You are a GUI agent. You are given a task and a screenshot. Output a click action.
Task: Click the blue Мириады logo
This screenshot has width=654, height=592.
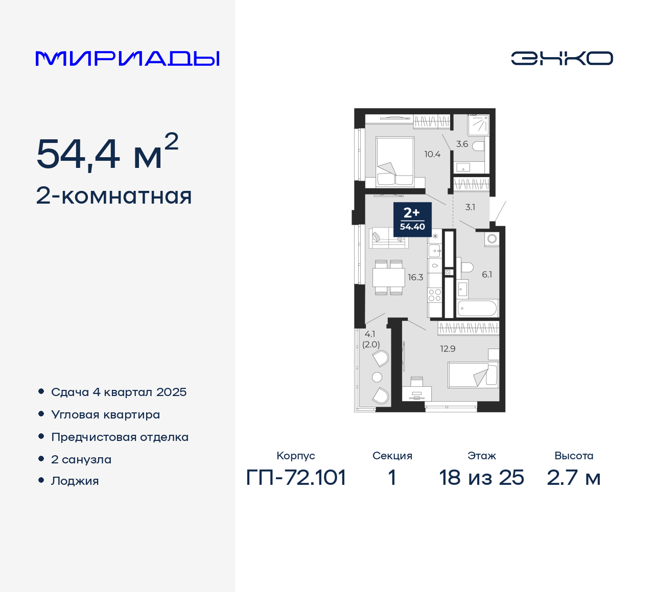coord(127,59)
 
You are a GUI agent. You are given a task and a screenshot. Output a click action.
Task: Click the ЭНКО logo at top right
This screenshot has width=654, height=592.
coord(562,58)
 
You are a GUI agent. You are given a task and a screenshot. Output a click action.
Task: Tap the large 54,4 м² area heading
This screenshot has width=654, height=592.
coord(107,153)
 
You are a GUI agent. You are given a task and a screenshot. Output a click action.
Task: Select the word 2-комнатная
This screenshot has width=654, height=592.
coord(114,196)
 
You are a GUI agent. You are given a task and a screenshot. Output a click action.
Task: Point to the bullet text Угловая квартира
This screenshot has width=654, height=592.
coord(105,414)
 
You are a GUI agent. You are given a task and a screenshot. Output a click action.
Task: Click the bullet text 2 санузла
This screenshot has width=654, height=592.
coord(81,459)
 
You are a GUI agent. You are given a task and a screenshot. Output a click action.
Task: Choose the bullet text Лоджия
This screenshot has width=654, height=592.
coord(75,481)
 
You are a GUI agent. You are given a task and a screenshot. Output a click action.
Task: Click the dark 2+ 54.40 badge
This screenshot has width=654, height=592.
coord(412,219)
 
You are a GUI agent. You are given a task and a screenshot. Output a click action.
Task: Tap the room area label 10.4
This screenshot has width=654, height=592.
coord(432,154)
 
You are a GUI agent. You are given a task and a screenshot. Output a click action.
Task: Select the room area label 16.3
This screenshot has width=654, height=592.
coord(415,277)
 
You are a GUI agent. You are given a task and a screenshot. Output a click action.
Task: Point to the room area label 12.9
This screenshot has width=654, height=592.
coord(448,349)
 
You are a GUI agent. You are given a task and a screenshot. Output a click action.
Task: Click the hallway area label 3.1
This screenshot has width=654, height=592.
coord(470,207)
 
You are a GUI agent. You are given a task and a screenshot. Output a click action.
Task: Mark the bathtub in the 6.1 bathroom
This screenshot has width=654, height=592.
coord(477,308)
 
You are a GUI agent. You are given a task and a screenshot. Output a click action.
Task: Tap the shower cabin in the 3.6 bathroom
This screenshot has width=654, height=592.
coord(479,125)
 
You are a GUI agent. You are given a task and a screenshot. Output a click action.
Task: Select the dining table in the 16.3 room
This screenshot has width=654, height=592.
coord(389,278)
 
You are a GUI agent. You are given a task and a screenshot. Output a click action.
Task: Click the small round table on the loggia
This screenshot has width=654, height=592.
coord(377,377)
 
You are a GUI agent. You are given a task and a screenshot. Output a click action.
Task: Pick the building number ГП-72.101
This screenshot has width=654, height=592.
coord(296,478)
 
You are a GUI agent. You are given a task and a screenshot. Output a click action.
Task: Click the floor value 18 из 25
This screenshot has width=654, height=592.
coord(481,478)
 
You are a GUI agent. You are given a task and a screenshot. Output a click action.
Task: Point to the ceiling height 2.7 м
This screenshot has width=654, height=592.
coord(573,478)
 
